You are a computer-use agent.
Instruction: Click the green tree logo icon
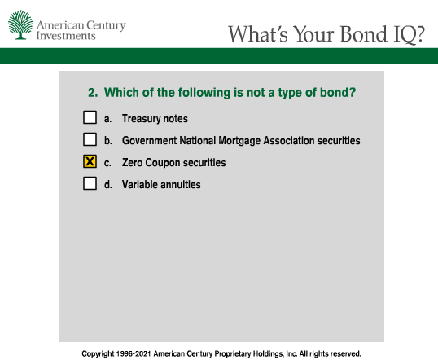pyautogui.click(x=20, y=24)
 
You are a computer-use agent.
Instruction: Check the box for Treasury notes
pyautogui.click(x=90, y=117)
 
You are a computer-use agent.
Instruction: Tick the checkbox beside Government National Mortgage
pyautogui.click(x=90, y=139)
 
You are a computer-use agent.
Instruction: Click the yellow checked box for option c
pyautogui.click(x=90, y=161)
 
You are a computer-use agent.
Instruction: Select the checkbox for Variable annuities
pyautogui.click(x=90, y=183)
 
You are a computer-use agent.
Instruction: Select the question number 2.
pyautogui.click(x=93, y=93)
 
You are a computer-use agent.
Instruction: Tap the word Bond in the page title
pyautogui.click(x=364, y=34)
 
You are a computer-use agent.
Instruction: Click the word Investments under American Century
pyautogui.click(x=66, y=36)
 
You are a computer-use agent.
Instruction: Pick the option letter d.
pyautogui.click(x=108, y=184)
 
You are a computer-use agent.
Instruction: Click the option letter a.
pyautogui.click(x=107, y=119)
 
